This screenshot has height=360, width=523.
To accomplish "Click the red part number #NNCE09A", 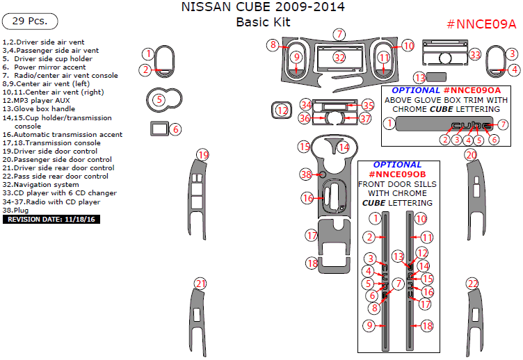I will click(x=481, y=24).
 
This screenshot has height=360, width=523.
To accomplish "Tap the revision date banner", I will click(x=52, y=219).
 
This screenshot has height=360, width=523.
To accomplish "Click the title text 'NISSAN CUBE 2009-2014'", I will click(x=262, y=8).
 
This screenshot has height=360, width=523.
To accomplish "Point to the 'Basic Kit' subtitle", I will click(x=262, y=22).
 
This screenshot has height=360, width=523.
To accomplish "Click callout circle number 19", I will click(x=202, y=154).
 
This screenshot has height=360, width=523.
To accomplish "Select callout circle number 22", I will click(x=473, y=284).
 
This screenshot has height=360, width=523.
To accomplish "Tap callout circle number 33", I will click(x=475, y=54).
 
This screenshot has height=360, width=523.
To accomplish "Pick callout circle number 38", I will click(x=306, y=174).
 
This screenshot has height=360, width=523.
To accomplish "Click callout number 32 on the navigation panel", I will click(x=339, y=57).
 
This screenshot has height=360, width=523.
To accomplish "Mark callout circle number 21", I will click(x=200, y=284).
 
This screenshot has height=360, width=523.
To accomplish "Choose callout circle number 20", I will click(x=471, y=154).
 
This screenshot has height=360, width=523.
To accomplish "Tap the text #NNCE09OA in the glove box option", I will click(x=472, y=90).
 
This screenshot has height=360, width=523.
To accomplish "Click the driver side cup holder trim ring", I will click(x=164, y=100).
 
